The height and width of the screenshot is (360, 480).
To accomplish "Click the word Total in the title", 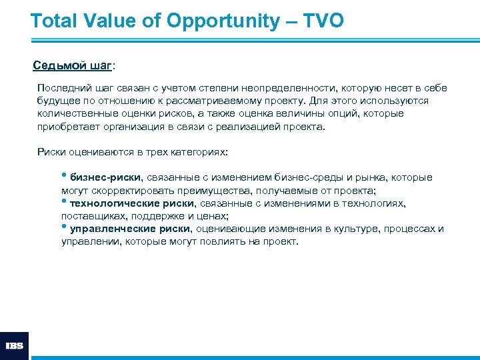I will coord(55,21).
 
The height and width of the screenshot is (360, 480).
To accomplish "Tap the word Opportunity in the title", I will coord(223,21).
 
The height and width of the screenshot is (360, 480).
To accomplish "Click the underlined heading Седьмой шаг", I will coord(73,66).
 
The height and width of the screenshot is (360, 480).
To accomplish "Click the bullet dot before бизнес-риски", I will coord(65,177).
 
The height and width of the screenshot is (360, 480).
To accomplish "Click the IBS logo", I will coord(14,346).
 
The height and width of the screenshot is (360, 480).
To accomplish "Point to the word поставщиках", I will coord(91,216).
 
